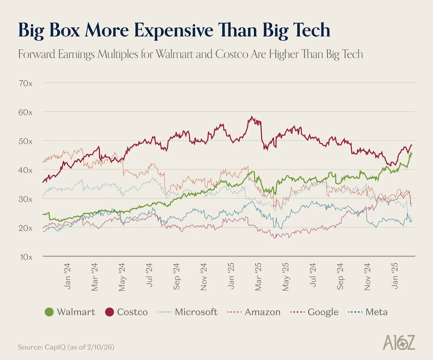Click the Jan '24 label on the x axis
click(x=67, y=276)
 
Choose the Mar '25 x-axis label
click(x=258, y=276)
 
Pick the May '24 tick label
click(x=122, y=276)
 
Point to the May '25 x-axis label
click(x=285, y=276)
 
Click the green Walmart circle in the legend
click(x=49, y=312)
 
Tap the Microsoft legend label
click(x=196, y=312)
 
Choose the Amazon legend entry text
click(x=262, y=312)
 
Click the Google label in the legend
click(x=323, y=312)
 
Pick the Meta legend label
click(x=377, y=312)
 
